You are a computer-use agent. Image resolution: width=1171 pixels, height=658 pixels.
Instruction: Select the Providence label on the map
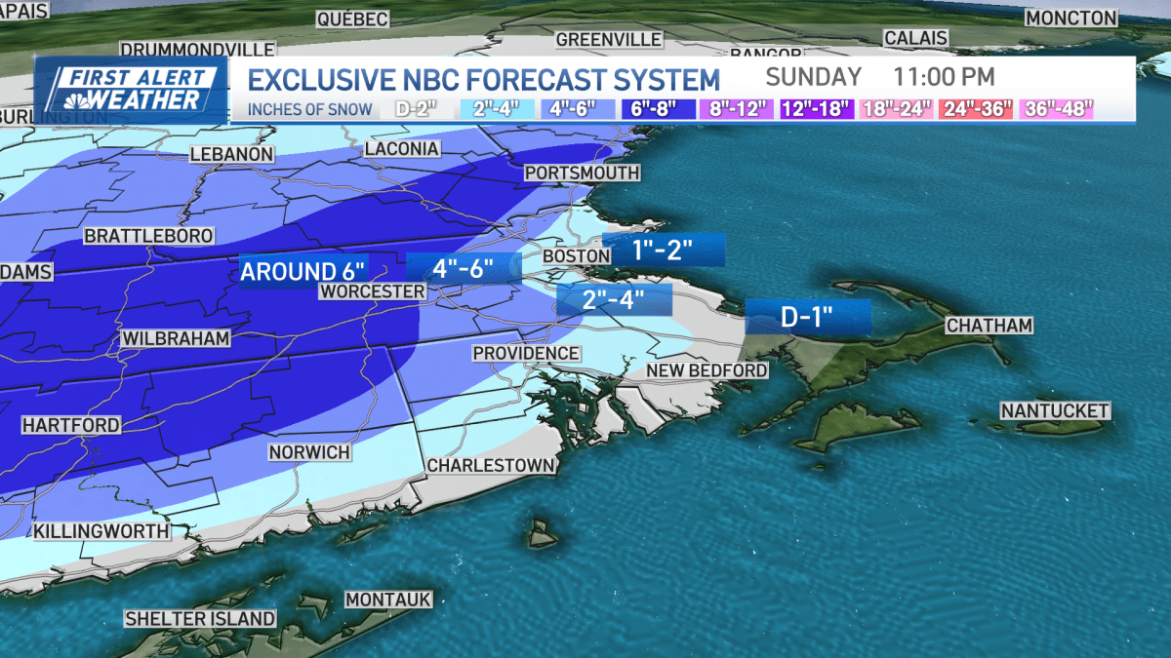pos(526,353)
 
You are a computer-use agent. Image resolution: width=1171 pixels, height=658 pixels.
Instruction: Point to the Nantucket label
pos(1055,410)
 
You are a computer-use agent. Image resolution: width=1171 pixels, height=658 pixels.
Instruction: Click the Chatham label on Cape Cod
pos(989,325)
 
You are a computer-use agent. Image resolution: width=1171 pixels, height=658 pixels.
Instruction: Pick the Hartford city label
pos(71,426)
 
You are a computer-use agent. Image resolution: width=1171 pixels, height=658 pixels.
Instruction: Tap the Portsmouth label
pos(582,173)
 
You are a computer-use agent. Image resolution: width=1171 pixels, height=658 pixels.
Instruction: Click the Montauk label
pos(388,600)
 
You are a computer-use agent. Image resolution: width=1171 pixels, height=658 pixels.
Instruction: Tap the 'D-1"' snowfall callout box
pos(808,317)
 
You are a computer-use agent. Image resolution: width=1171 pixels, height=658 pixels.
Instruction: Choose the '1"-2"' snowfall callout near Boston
pos(664,250)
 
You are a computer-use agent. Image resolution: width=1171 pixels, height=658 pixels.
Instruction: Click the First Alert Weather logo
pos(132,90)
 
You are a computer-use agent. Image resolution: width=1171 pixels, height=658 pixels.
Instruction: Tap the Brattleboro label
pos(142,236)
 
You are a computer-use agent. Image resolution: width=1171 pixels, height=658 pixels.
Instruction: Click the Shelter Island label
pos(200,619)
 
